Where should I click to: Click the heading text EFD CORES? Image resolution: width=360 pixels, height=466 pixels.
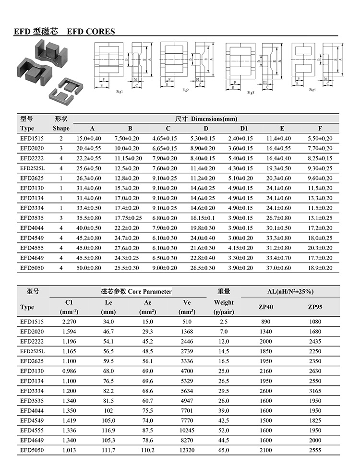tap(91, 32)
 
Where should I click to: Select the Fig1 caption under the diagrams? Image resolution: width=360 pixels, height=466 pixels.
tap(120, 91)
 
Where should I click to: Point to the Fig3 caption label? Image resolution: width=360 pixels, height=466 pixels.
tap(251, 92)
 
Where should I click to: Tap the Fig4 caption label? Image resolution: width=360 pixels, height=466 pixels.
tap(312, 90)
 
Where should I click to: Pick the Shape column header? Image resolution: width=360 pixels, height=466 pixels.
tap(61, 129)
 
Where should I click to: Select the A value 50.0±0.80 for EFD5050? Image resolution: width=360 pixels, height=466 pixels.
tap(89, 268)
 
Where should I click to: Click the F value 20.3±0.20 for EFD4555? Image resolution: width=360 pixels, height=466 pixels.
tap(320, 248)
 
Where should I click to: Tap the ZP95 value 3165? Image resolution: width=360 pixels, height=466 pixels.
tap(312, 391)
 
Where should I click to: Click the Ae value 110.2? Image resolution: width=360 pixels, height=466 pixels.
tap(148, 450)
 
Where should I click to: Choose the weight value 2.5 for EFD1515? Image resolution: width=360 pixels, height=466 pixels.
tap(224, 322)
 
